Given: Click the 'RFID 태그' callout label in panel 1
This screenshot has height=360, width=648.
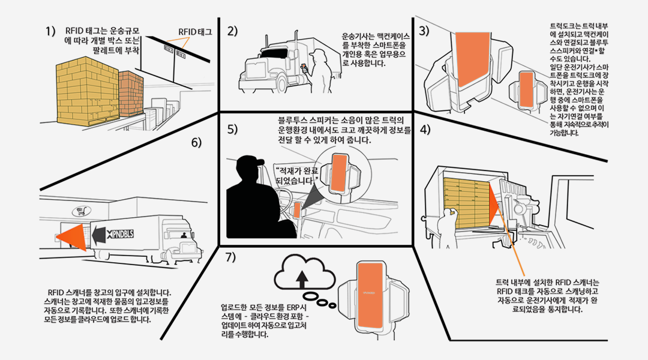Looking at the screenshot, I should tap(195, 31).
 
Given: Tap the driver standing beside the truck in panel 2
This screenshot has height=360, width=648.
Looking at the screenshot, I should tap(316, 74).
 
